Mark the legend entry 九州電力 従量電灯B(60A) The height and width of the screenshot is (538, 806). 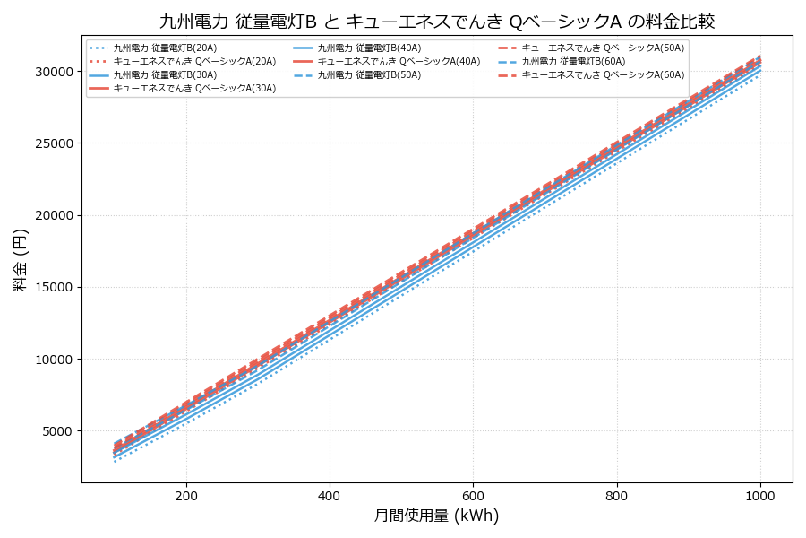[x=573, y=62]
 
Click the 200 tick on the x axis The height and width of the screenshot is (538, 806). [x=186, y=495]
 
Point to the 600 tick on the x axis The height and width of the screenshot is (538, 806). [x=474, y=495]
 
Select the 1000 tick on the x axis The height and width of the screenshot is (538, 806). [x=760, y=495]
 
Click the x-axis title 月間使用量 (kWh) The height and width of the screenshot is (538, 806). [x=436, y=516]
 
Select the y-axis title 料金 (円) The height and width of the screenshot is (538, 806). [x=20, y=259]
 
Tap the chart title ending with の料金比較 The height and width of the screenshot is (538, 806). [x=436, y=22]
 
